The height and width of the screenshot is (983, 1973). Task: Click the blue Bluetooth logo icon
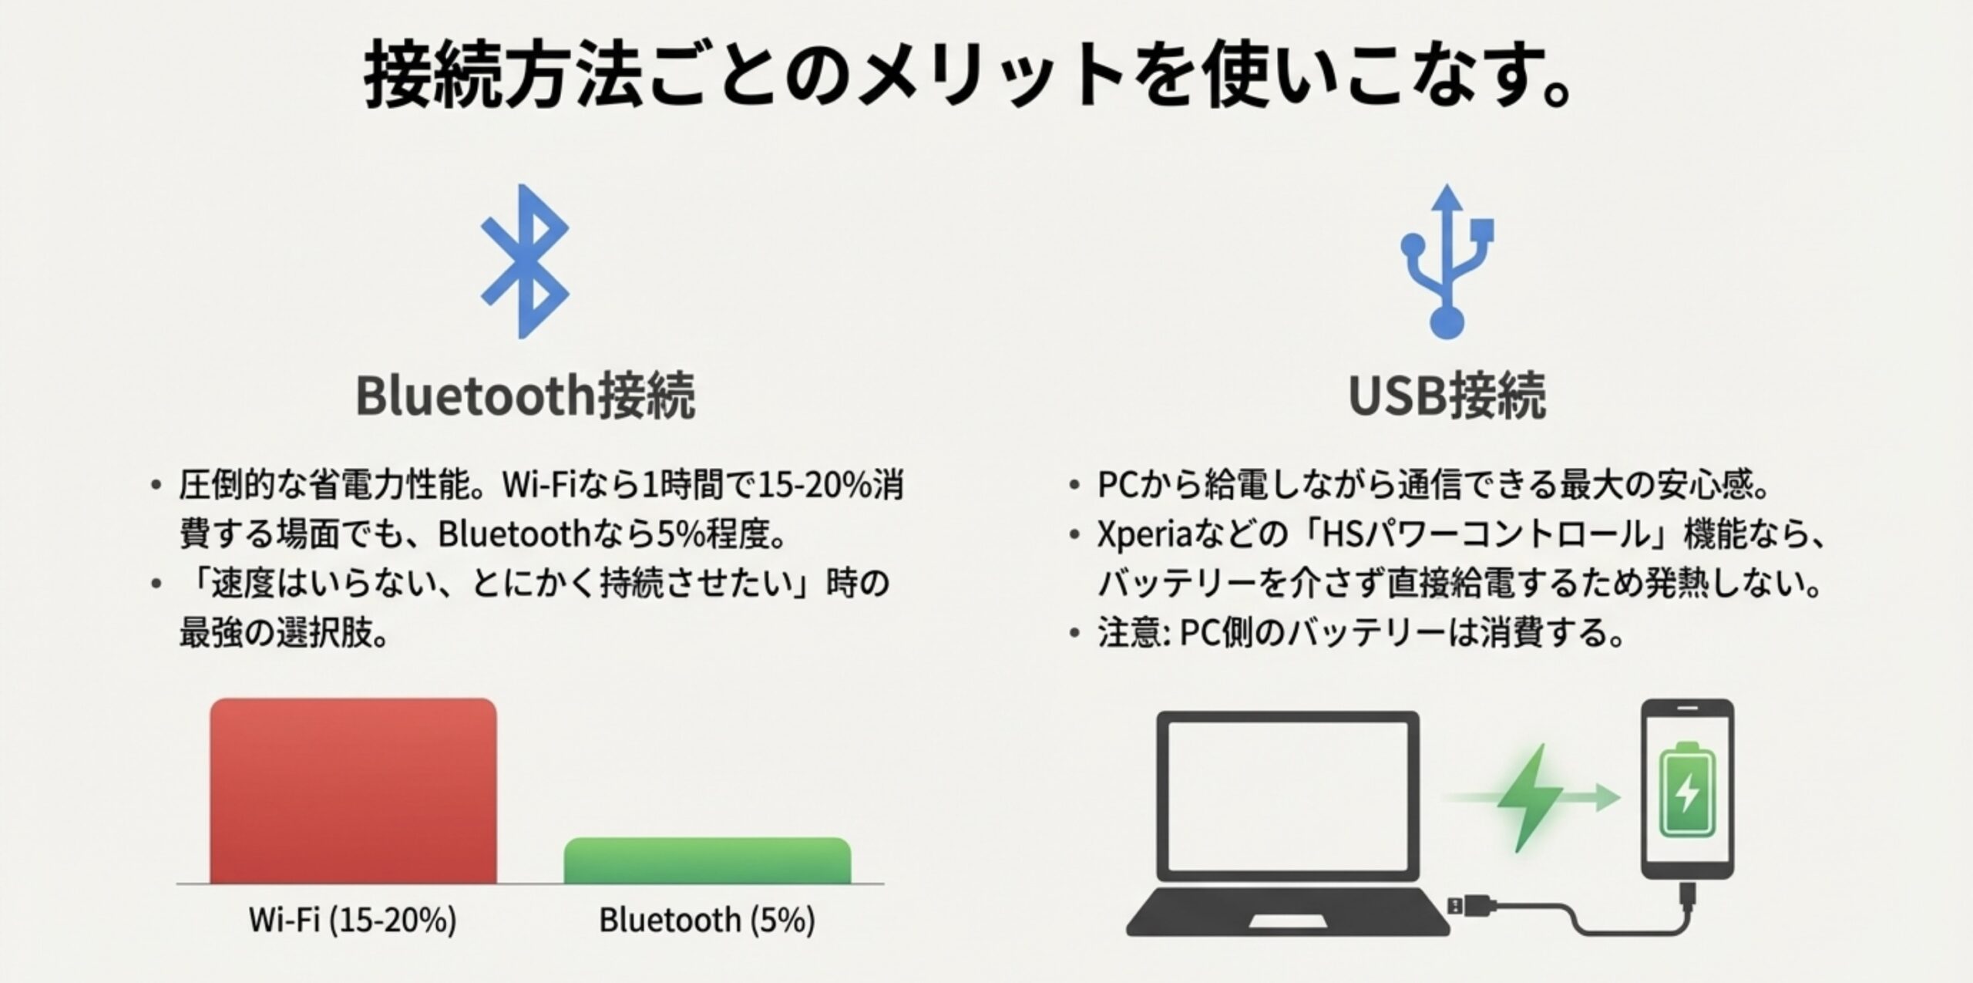(x=525, y=261)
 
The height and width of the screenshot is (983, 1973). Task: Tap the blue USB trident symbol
(x=1447, y=261)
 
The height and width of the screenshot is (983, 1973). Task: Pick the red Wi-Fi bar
(x=353, y=790)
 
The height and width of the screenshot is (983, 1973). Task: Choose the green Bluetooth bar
(x=707, y=861)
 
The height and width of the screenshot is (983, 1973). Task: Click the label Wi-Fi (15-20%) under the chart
(x=352, y=920)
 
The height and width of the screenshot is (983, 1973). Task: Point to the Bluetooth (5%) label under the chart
(x=707, y=920)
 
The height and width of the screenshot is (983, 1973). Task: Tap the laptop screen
(x=1287, y=794)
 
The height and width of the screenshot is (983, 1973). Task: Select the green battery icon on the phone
(x=1687, y=790)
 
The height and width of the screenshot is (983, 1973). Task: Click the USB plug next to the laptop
(x=1472, y=905)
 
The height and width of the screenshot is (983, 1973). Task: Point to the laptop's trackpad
(x=1287, y=921)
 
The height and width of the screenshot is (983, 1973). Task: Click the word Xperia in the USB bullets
(x=1145, y=534)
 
